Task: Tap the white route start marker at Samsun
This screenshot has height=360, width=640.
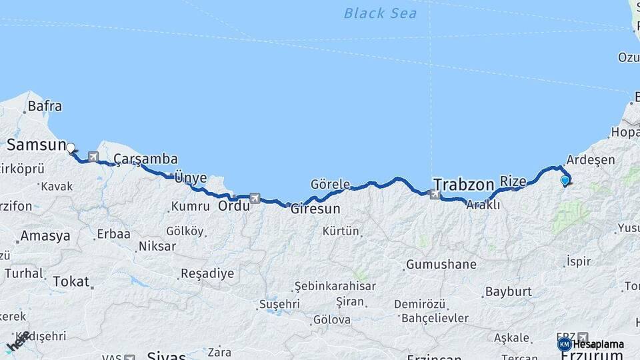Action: [x=71, y=148]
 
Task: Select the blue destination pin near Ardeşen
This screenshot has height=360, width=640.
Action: [x=565, y=179]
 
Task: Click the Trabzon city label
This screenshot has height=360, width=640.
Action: [x=463, y=184]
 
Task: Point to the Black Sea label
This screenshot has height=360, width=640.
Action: [x=380, y=13]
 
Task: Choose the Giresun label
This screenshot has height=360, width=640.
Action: [x=315, y=209]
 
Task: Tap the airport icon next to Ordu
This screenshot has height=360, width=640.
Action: [x=255, y=198]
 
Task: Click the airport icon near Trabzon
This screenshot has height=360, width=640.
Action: [x=435, y=195]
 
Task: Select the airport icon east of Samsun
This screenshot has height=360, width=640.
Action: [x=93, y=158]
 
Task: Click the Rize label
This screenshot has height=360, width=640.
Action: [x=513, y=181]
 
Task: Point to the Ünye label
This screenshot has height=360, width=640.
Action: [x=190, y=178]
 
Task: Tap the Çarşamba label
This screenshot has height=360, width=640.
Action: [x=145, y=159]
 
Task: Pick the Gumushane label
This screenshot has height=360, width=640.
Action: [x=441, y=265]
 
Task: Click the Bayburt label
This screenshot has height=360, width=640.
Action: [x=508, y=291]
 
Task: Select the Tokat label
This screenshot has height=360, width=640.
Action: [x=71, y=281]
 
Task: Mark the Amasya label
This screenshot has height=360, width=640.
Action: [x=45, y=236]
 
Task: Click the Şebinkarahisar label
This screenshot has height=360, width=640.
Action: [x=335, y=286]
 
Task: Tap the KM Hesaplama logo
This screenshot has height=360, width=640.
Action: [x=591, y=344]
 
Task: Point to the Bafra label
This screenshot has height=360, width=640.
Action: [x=45, y=106]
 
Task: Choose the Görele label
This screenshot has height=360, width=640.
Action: [x=330, y=184]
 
